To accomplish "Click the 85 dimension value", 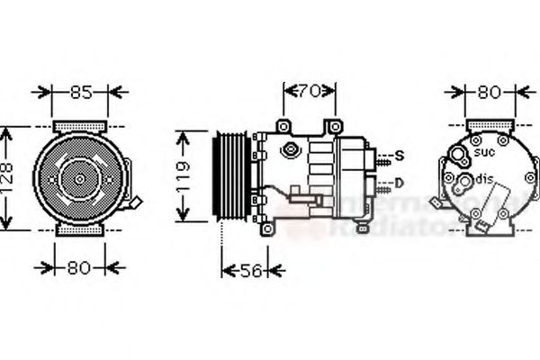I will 80,91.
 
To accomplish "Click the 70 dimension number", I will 310,90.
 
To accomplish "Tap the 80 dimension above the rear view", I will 490,91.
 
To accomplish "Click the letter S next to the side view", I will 399,157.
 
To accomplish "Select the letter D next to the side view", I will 399,184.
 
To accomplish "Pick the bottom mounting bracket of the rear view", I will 489,231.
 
